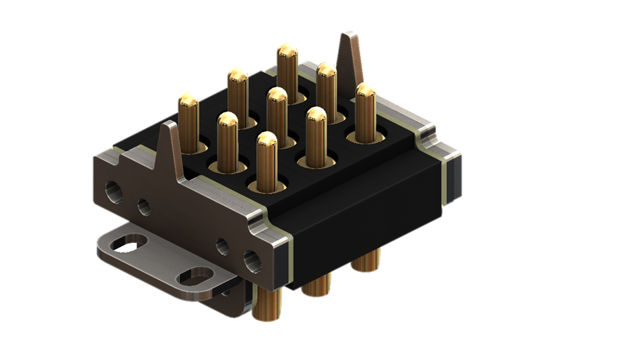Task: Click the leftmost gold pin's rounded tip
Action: pos(189,102)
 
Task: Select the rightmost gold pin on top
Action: pos(366,93)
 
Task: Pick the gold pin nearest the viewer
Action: pos(266,143)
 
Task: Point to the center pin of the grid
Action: pos(277,99)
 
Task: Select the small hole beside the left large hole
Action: pos(144,206)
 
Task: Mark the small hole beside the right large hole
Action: pos(221,244)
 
